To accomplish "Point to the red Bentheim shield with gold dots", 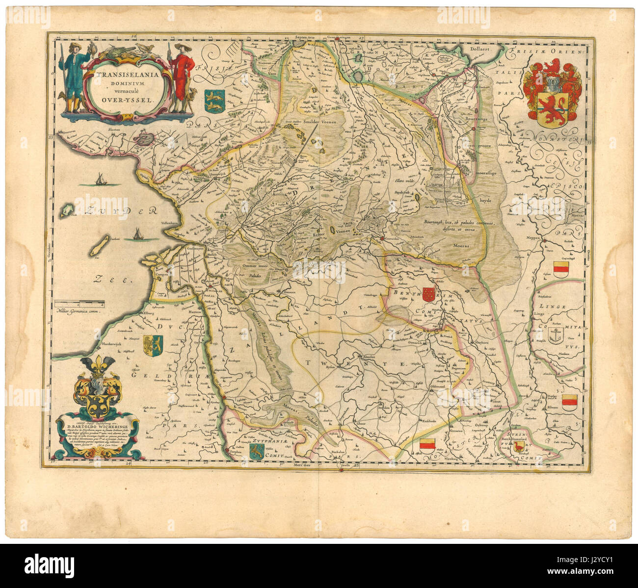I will tap(428, 294).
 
